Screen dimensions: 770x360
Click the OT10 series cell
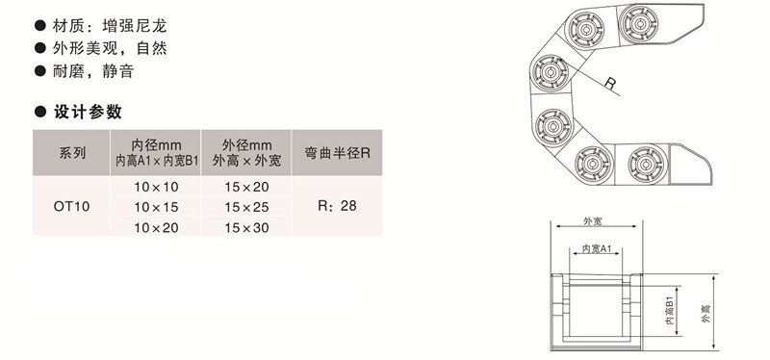[x=72, y=205]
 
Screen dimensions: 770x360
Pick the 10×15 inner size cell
[x=156, y=206]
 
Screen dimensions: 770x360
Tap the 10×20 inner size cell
[x=156, y=226]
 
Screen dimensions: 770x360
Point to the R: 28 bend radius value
[x=336, y=206]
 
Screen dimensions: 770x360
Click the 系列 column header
[x=72, y=152]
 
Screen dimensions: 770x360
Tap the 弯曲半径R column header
[x=337, y=152]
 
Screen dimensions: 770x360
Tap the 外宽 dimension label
[x=593, y=221]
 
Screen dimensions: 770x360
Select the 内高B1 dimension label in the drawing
[x=668, y=310]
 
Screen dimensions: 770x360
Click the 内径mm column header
[x=156, y=152]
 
